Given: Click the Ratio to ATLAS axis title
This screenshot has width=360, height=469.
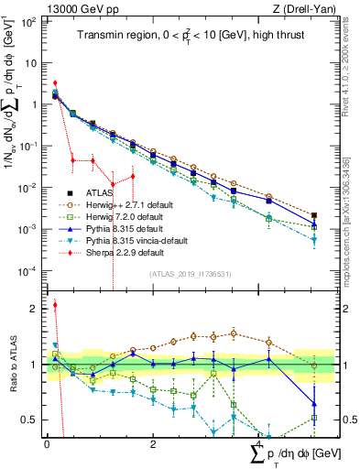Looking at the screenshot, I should [12, 365].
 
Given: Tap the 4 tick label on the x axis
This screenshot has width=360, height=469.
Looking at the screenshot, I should [259, 445].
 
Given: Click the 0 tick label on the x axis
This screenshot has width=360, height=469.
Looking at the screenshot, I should [47, 445].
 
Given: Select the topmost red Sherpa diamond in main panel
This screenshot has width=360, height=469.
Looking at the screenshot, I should [55, 83].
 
